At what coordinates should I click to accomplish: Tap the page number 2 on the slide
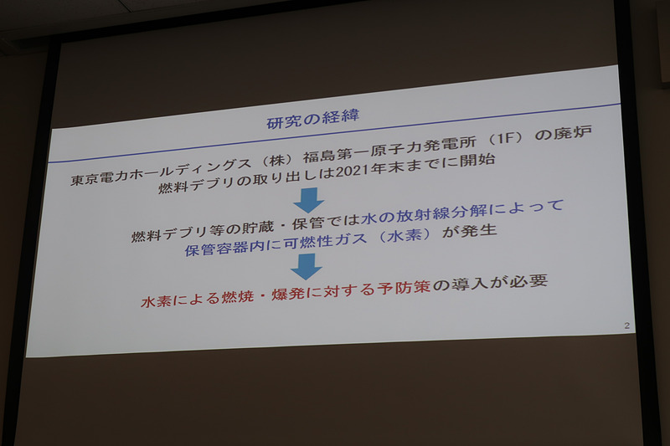pyautogui.click(x=626, y=325)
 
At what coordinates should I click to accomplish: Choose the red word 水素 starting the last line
pyautogui.click(x=157, y=301)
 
